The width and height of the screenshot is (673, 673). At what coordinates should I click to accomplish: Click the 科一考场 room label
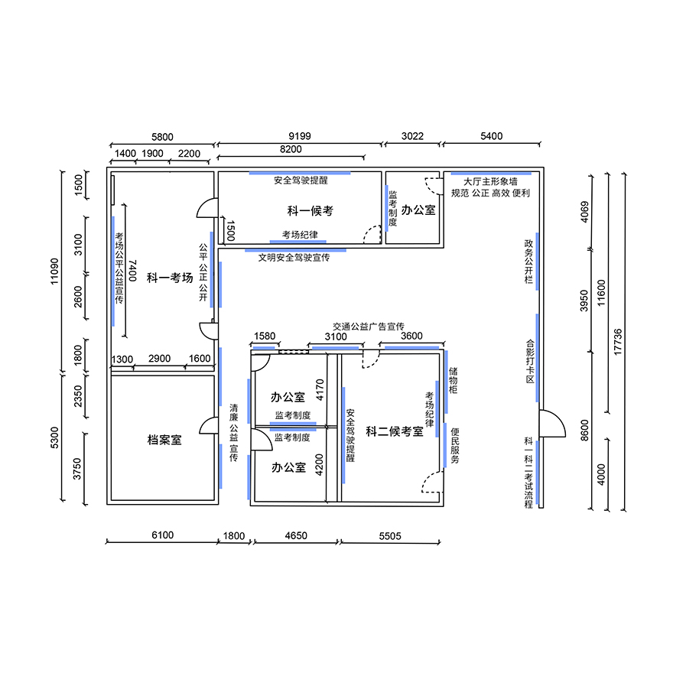point(170,278)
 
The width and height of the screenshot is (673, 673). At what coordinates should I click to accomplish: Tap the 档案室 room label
point(164,440)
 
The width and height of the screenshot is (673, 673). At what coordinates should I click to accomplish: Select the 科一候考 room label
point(310,211)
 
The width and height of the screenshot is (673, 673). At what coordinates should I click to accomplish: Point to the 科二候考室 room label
point(395,431)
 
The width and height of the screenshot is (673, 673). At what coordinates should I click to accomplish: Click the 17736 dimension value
point(618,342)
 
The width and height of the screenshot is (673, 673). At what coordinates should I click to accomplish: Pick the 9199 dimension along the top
point(300,136)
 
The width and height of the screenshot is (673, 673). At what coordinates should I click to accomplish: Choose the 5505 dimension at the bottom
point(390,536)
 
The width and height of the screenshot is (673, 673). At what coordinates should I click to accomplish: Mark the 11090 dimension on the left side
point(54,271)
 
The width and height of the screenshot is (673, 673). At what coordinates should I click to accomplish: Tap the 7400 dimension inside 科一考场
point(132,271)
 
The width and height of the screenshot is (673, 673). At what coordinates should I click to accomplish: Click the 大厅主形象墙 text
point(490,181)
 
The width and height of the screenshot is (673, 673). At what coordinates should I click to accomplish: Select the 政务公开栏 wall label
point(528,262)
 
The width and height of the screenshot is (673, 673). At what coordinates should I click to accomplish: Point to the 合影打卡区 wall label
point(530,362)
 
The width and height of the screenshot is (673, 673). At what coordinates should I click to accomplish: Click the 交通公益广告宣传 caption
point(369,327)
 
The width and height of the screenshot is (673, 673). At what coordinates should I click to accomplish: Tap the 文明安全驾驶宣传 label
point(294,258)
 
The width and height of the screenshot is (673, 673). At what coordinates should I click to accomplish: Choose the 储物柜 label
point(454,380)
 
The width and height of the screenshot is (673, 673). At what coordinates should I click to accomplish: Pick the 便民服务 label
point(455,446)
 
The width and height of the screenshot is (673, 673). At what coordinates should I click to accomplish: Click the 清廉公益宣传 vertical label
point(233,433)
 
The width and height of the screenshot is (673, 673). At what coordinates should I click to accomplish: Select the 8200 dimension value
point(291,149)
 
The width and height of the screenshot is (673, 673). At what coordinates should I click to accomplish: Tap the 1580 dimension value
point(265,336)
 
